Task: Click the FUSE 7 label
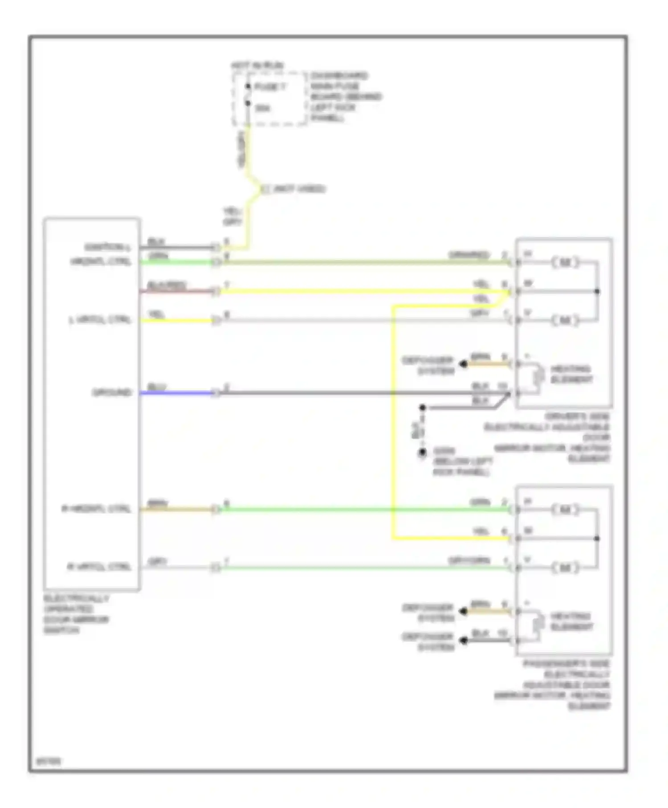click(270, 87)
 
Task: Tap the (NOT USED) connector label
click(299, 189)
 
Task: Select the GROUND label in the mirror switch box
click(112, 392)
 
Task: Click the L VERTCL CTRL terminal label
click(100, 320)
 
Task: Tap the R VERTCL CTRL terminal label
click(99, 567)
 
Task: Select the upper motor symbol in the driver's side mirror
click(565, 262)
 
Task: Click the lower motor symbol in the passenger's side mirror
click(565, 567)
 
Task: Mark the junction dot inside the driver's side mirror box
click(597, 291)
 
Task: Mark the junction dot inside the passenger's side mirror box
click(597, 539)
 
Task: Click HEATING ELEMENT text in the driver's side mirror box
click(571, 374)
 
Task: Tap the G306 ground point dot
click(422, 453)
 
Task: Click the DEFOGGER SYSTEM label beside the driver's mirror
click(428, 365)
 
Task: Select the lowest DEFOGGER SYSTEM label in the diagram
click(428, 641)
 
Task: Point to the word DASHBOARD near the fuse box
click(339, 75)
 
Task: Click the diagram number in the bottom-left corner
click(49, 761)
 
